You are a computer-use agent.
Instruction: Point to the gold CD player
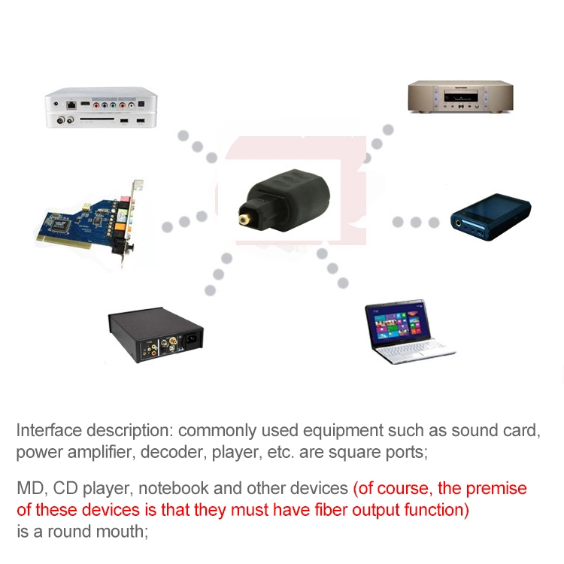pyautogui.click(x=459, y=97)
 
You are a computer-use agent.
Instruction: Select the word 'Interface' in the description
pyautogui.click(x=48, y=431)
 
